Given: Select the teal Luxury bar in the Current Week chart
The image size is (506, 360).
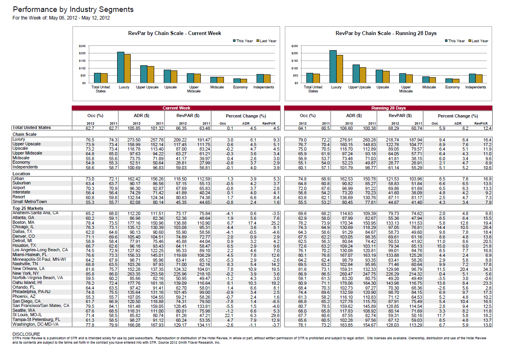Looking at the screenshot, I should [120, 67].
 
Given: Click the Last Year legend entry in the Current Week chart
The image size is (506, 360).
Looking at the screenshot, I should [267, 41].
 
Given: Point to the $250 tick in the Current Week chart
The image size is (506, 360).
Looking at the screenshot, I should [82, 46].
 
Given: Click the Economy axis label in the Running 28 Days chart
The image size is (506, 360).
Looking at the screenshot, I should [452, 87].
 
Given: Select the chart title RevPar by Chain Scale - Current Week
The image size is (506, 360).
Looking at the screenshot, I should [175, 33].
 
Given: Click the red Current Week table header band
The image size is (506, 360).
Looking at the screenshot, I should [177, 108].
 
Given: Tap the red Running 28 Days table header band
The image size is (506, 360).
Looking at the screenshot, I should [388, 108].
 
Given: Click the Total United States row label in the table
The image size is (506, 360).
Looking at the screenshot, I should [32, 127].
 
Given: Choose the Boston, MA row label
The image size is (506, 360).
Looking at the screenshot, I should [24, 222].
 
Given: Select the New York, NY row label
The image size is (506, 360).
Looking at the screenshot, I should [26, 273].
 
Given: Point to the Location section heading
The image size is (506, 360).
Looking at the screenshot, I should [22, 174].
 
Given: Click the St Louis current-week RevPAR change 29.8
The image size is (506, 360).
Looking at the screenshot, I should [275, 315].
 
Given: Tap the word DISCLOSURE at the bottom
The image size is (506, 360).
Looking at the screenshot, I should [26, 334].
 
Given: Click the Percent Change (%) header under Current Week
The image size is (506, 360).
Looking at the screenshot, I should [246, 116].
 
